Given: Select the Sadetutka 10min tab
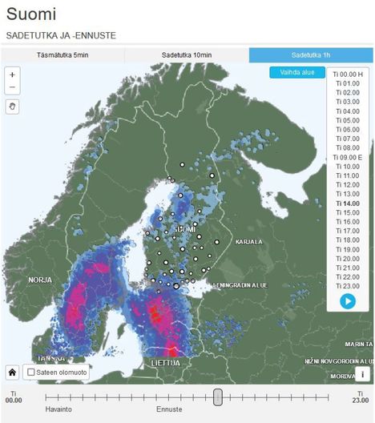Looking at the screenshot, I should click(x=187, y=55).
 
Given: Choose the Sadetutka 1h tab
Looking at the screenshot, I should click(x=311, y=55).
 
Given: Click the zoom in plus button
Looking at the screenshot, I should click(x=12, y=75).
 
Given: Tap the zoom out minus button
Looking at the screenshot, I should click(x=12, y=87).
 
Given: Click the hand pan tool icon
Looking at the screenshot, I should click(x=12, y=106).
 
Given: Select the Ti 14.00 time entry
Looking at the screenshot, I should click(x=347, y=203).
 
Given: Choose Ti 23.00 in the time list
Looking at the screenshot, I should click(x=347, y=286).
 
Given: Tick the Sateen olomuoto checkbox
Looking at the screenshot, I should click(x=30, y=373).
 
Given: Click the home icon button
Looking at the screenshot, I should click(x=12, y=372).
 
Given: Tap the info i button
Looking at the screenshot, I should click(x=362, y=373).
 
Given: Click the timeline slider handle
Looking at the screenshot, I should click(x=217, y=397).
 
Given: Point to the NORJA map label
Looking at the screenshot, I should click(x=39, y=280).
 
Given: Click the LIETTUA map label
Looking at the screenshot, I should click(x=165, y=363).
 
